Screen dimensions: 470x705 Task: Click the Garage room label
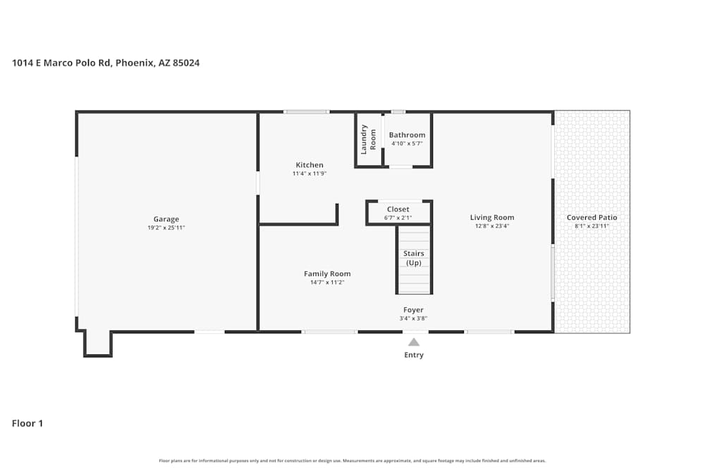[166, 219]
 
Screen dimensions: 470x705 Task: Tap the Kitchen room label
[309, 165]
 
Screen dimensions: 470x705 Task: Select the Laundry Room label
[369, 139]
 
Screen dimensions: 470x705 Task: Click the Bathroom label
[407, 135]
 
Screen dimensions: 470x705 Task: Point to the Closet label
[398, 209]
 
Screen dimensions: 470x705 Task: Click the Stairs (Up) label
[414, 258]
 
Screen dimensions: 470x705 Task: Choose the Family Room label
[327, 273]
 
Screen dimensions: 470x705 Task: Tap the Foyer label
[413, 310]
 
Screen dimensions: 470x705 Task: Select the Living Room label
[493, 218]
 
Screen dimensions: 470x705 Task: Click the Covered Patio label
[591, 218]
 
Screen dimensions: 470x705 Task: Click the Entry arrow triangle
[414, 342]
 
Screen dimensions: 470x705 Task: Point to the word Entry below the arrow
[414, 355]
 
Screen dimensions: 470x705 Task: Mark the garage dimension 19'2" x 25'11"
[166, 228]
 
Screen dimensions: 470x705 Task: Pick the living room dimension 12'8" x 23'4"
[493, 226]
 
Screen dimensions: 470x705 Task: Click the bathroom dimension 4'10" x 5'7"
[407, 144]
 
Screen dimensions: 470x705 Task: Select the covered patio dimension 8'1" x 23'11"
[591, 226]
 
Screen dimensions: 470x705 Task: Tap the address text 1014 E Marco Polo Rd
[62, 63]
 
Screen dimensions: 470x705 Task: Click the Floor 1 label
[27, 423]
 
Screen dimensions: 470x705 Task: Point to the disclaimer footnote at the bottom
[352, 461]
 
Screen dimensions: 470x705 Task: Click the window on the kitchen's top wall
[306, 111]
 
